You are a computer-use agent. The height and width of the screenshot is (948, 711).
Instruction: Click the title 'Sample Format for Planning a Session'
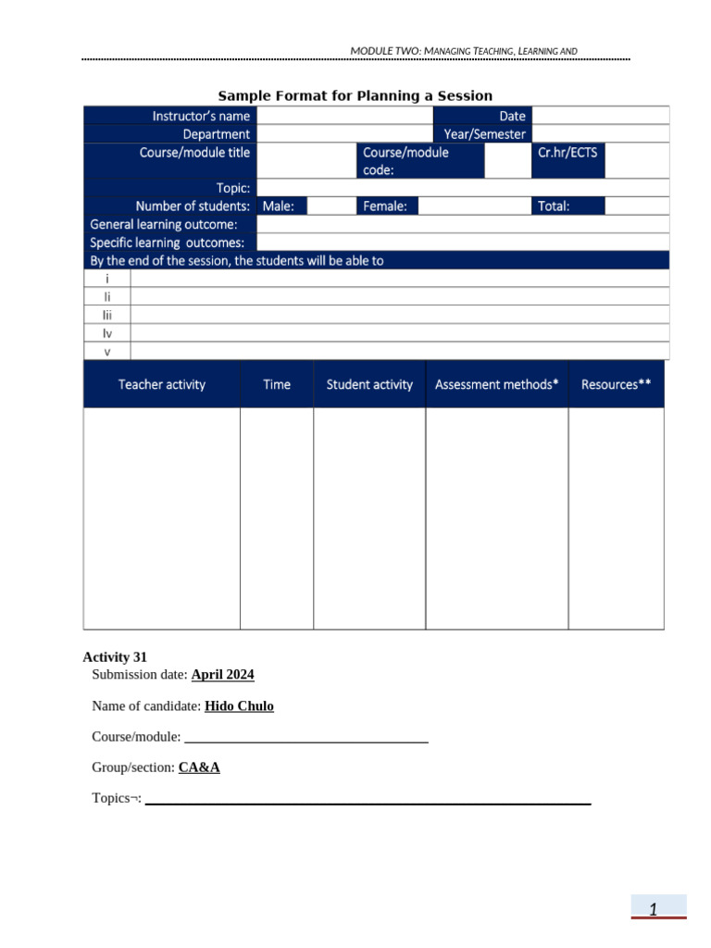[x=355, y=96]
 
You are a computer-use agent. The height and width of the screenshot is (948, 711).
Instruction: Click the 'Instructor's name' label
[x=201, y=116]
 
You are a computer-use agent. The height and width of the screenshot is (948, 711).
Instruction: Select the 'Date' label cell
[x=512, y=116]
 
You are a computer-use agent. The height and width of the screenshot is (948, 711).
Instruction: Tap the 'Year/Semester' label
[x=484, y=134]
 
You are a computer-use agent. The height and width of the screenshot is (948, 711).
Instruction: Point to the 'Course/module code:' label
[x=405, y=161]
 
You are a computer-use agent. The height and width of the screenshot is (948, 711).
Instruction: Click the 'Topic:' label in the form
[x=233, y=188]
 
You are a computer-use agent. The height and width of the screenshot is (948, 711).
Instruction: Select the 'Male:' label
[x=279, y=206]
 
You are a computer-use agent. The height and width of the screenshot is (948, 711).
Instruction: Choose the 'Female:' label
[x=385, y=206]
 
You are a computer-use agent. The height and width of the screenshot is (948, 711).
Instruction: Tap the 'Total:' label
[x=554, y=206]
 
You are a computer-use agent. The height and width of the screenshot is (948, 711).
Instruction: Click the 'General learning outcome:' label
[x=164, y=224]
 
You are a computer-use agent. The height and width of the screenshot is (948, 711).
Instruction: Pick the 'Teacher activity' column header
[x=162, y=384]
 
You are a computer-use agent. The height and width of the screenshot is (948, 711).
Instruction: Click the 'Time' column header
[x=277, y=384]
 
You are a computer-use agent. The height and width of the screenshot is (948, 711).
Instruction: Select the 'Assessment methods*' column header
[x=497, y=384]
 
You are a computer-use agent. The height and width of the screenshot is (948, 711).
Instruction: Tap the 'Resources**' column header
[x=616, y=384]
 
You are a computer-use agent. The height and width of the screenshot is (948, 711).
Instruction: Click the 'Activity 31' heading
[x=115, y=657]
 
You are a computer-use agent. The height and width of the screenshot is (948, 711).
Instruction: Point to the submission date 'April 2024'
[x=222, y=675]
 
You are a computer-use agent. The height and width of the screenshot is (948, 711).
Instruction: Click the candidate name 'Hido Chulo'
[x=239, y=706]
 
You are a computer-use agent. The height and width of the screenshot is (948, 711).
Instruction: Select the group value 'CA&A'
[x=199, y=767]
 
